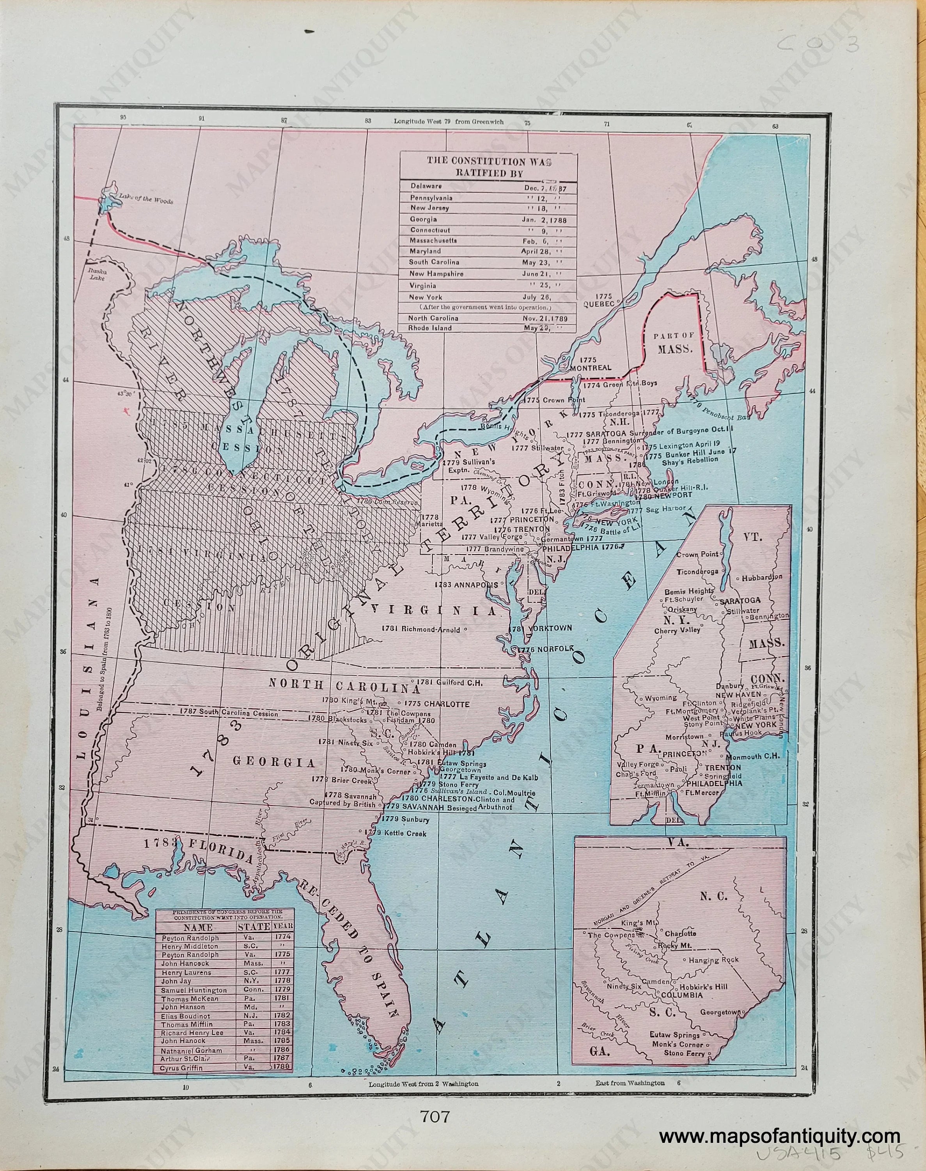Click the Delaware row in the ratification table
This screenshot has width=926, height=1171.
click(x=488, y=187)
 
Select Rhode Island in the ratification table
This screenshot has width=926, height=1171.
click(x=488, y=328)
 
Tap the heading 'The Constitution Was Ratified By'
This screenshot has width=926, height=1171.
click(x=488, y=167)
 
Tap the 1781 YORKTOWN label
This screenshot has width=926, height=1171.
click(x=542, y=628)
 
